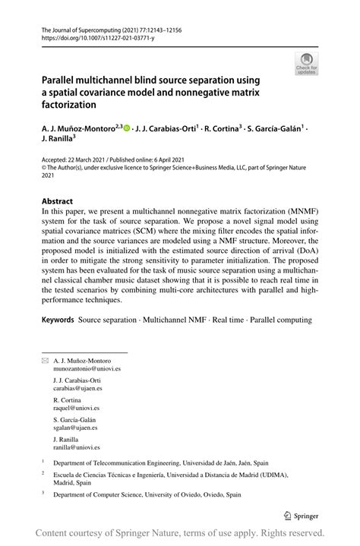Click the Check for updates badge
coord(308,63)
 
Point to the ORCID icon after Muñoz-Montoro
coord(127,128)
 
